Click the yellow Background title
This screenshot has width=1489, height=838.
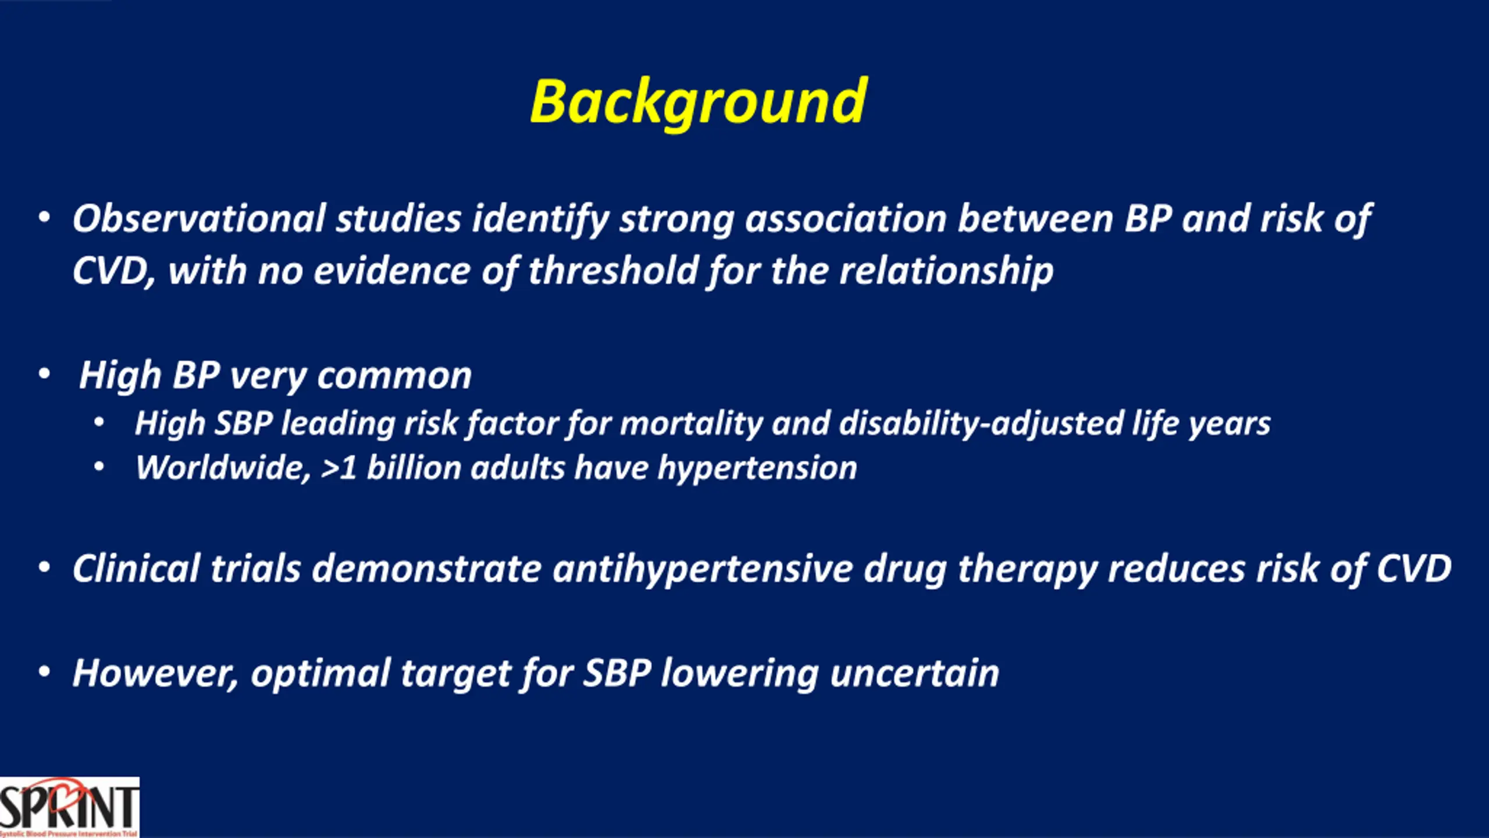(699, 104)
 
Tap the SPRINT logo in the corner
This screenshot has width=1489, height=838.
(69, 808)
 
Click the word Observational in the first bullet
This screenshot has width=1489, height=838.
(198, 219)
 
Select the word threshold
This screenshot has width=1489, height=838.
(613, 271)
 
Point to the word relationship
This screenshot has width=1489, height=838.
(946, 272)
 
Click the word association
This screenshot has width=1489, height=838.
(846, 219)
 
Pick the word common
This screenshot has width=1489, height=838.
(394, 376)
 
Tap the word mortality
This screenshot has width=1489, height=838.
(691, 423)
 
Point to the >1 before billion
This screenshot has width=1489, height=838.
(339, 468)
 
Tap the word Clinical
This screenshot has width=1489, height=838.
(136, 569)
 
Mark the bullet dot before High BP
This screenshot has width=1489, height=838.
(44, 374)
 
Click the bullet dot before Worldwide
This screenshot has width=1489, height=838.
(99, 467)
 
